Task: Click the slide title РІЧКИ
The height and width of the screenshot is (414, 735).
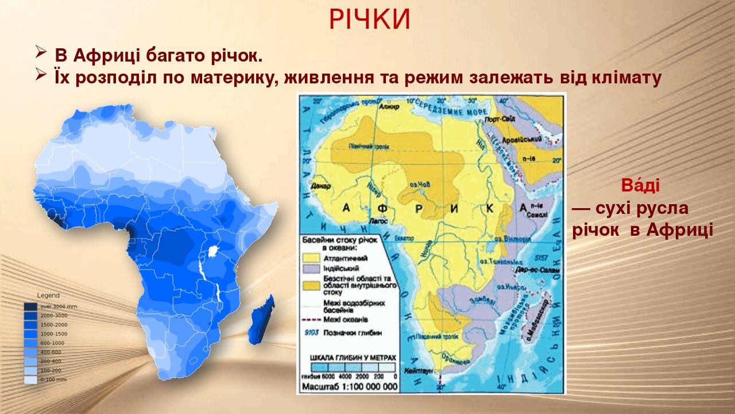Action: pos(370,20)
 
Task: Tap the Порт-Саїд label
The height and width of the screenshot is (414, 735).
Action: pos(498,120)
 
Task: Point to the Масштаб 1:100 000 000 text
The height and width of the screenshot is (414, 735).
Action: pos(350,386)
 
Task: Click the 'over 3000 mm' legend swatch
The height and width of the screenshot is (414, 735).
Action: pos(30,306)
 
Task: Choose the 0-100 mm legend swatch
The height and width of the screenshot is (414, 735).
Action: pos(30,380)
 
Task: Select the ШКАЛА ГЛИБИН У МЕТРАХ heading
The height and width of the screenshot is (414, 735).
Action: pos(353,357)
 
